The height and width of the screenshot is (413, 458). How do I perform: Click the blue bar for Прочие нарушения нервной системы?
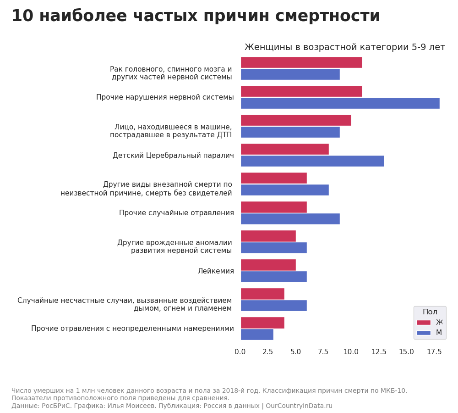click(x=340, y=103)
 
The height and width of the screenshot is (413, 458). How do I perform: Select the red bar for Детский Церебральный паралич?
click(x=284, y=149)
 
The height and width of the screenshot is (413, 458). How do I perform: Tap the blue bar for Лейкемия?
click(x=273, y=277)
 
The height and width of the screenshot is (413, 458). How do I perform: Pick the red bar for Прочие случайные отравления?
click(x=273, y=207)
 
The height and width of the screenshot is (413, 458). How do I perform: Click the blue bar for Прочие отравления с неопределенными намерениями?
click(x=257, y=335)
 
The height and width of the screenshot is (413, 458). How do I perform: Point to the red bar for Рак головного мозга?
click(x=301, y=62)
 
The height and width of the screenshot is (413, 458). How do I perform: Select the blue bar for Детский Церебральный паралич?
click(x=312, y=161)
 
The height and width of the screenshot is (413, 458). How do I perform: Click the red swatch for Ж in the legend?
click(x=423, y=323)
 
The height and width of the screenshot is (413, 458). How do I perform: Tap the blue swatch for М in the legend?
click(x=423, y=333)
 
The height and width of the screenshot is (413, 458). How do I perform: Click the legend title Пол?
click(x=430, y=312)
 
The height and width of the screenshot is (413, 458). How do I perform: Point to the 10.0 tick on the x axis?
click(x=351, y=352)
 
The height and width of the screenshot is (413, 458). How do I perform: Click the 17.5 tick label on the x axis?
click(x=434, y=352)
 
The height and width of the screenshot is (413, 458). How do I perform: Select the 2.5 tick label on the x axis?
click(x=268, y=352)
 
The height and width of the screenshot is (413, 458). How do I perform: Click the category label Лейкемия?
click(x=216, y=271)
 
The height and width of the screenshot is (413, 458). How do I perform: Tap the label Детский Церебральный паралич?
click(x=173, y=156)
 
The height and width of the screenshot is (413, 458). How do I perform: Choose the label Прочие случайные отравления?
click(x=176, y=213)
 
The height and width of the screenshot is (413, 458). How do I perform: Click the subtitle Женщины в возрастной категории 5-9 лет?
click(x=344, y=47)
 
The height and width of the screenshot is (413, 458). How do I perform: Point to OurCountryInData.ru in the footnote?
click(x=299, y=406)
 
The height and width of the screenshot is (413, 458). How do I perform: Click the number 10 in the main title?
click(x=22, y=16)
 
